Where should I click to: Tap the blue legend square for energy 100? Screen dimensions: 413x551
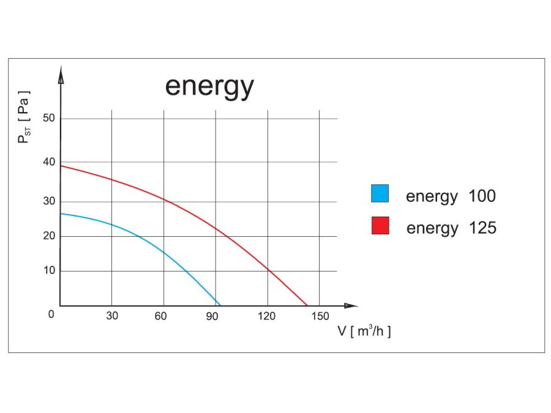[380, 193]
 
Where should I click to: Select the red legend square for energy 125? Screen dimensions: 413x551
[380, 225]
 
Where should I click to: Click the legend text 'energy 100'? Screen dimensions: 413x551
[451, 196]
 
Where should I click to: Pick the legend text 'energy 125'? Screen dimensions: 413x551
[451, 228]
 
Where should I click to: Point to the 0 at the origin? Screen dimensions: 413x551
[51, 314]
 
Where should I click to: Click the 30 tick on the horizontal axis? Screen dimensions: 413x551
[111, 316]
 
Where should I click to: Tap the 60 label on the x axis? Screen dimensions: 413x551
[161, 316]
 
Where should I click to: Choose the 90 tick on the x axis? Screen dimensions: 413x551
[212, 316]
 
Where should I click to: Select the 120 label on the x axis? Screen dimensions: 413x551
[266, 316]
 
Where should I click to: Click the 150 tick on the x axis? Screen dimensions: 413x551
[320, 316]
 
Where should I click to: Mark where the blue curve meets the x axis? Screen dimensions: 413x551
[219, 305]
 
